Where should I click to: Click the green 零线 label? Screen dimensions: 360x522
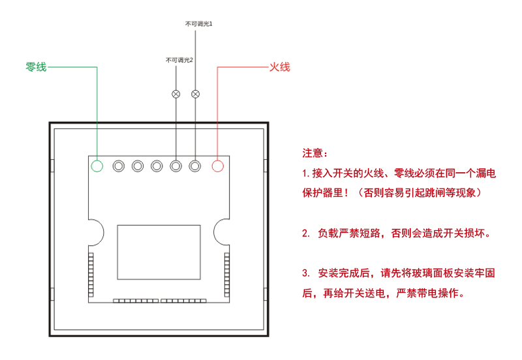[36, 67]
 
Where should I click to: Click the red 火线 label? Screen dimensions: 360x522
[279, 67]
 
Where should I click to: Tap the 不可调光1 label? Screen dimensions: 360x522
[199, 23]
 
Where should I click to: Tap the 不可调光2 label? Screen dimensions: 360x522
[179, 60]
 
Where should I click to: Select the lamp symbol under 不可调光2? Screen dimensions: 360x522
[176, 94]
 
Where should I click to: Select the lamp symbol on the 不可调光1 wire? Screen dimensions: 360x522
[195, 94]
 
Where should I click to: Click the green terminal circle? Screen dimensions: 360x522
[97, 166]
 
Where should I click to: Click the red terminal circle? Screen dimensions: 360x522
[218, 166]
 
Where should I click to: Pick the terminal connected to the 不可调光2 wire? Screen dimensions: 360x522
[176, 166]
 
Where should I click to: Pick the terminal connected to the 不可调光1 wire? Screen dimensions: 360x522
[194, 166]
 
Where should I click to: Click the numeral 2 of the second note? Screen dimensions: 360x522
[305, 233]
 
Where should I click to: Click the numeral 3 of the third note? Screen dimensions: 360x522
[305, 273]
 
